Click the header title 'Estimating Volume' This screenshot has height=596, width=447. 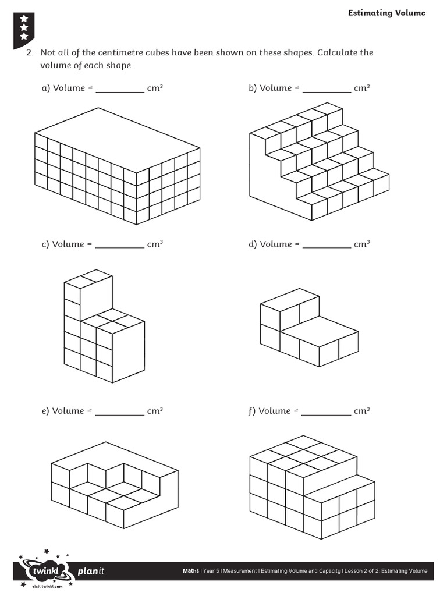(386, 13)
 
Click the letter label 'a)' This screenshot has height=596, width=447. (45, 88)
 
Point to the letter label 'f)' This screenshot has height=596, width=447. (251, 411)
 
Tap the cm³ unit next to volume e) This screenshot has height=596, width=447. (155, 410)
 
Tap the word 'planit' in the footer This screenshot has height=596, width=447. (91, 571)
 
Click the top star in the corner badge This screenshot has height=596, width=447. (24, 19)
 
